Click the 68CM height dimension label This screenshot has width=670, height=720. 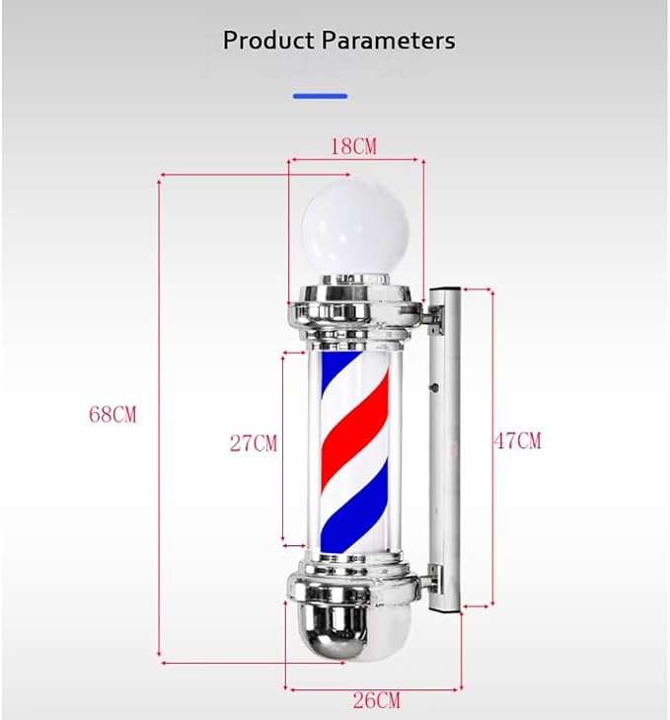pyautogui.click(x=112, y=415)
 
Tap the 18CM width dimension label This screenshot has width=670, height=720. pyautogui.click(x=354, y=146)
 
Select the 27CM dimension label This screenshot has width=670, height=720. pyautogui.click(x=254, y=443)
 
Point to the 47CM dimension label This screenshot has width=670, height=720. pyautogui.click(x=518, y=440)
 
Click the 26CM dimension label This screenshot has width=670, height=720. pyautogui.click(x=376, y=700)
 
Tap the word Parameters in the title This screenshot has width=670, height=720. pyautogui.click(x=388, y=40)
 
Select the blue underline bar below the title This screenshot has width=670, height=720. pyautogui.click(x=321, y=96)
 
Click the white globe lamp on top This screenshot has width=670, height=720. pyautogui.click(x=354, y=228)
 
